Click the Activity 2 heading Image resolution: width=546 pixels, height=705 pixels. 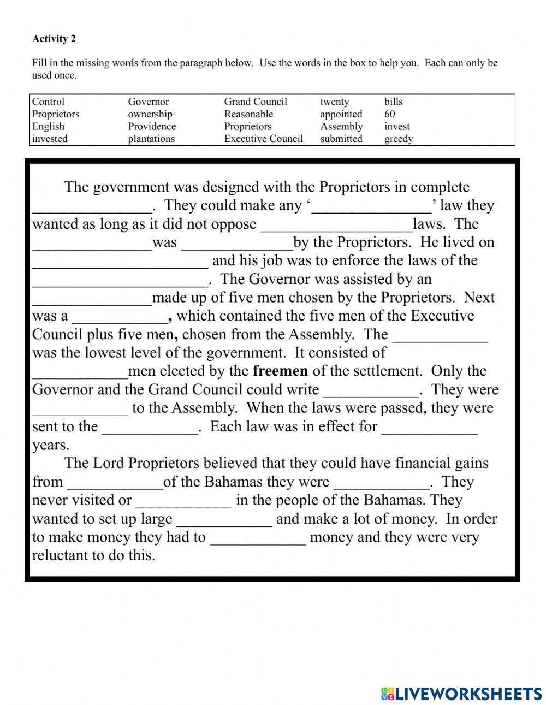[x=54, y=39]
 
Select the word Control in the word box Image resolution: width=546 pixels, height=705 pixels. [x=48, y=102]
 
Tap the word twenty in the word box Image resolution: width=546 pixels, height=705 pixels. [x=334, y=102]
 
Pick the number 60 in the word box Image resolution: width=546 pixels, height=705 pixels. [x=389, y=114]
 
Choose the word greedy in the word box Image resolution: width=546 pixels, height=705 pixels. [x=399, y=139]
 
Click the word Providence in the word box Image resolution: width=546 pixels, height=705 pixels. [x=152, y=126]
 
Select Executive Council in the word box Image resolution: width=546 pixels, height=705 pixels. [x=263, y=139]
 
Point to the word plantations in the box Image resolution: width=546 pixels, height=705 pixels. [x=151, y=139]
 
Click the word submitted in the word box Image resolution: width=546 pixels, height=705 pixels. [x=341, y=139]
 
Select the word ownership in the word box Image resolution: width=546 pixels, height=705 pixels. [x=150, y=114]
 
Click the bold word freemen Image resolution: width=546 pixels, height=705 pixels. [x=280, y=371]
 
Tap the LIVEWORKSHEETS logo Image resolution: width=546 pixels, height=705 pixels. [x=461, y=694]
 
